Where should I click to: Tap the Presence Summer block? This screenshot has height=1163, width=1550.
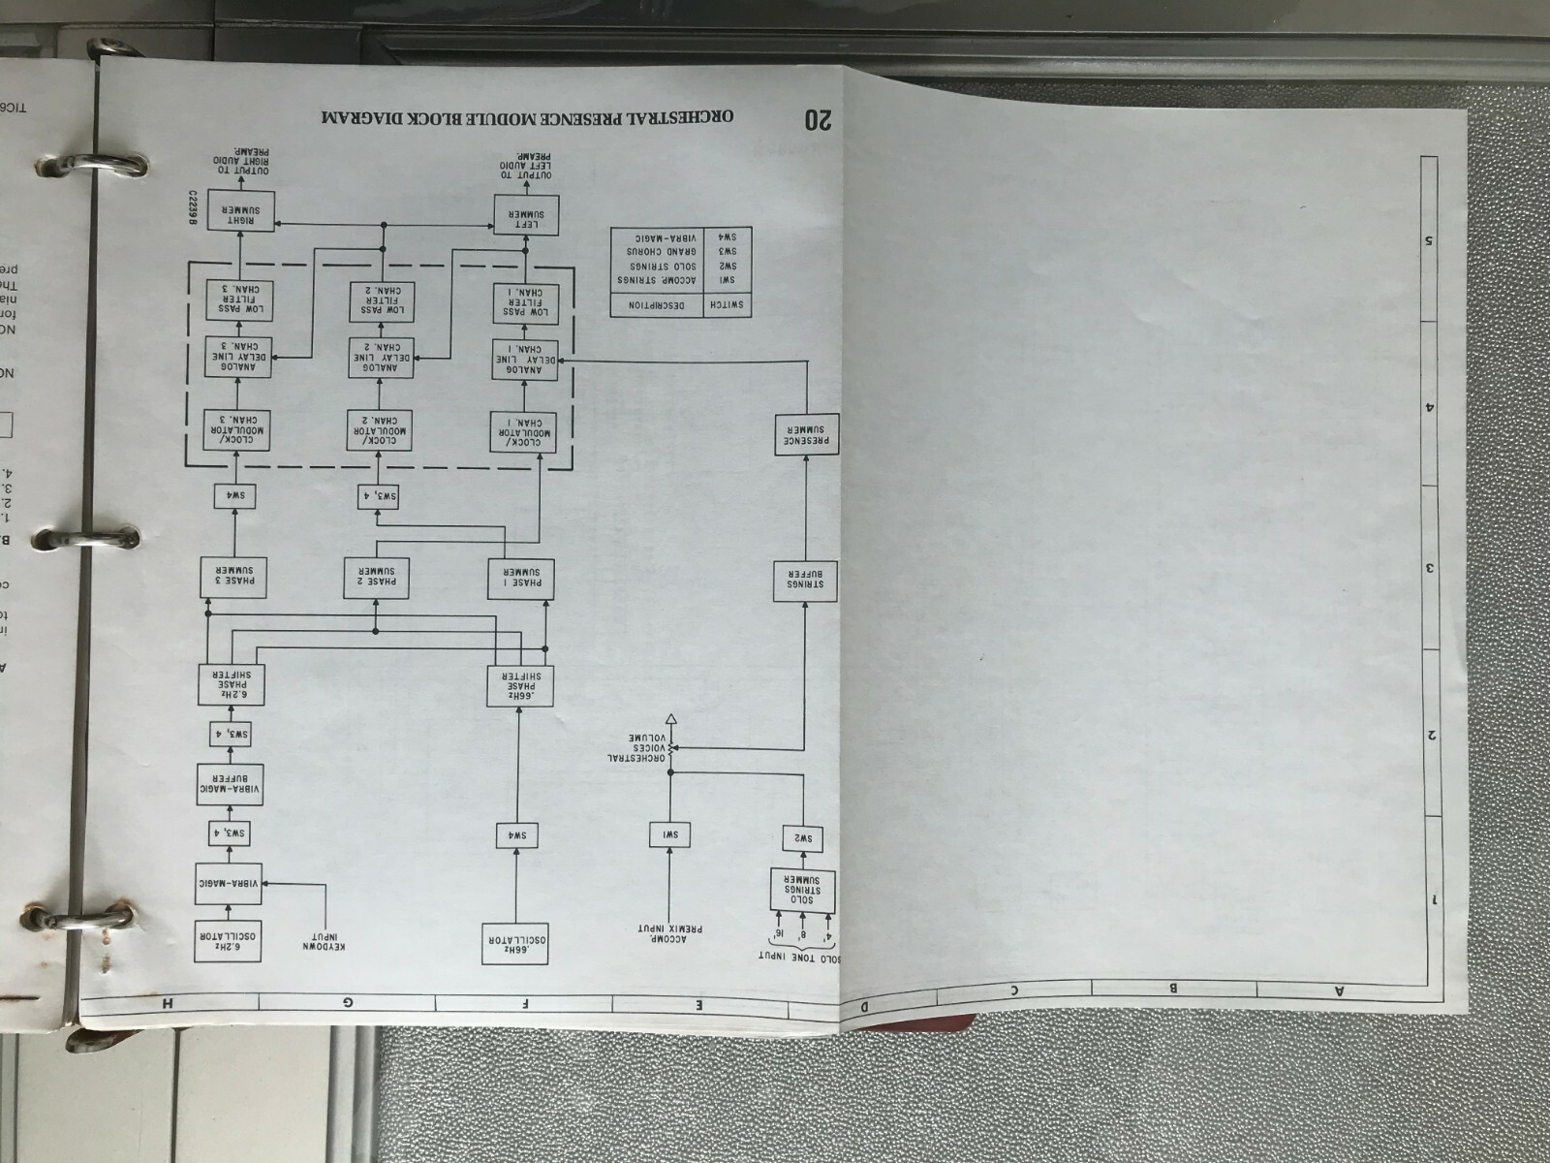[x=806, y=436]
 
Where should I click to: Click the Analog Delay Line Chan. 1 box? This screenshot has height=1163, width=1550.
[x=524, y=361]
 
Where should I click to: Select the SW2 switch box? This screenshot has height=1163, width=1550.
[x=803, y=837]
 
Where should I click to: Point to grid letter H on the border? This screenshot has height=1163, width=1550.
[x=169, y=1004]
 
